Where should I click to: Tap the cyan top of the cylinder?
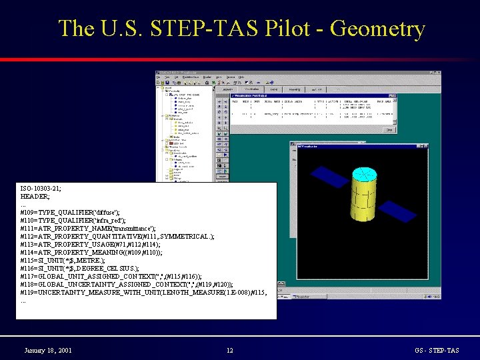click(364, 175)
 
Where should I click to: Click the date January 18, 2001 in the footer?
click(48, 350)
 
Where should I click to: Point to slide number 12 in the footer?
click(229, 350)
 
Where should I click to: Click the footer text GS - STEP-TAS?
click(437, 350)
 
